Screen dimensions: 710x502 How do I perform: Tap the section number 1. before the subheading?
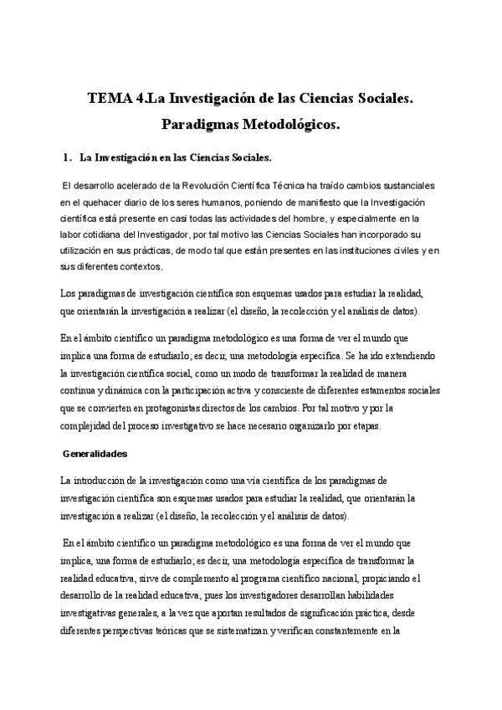(69, 157)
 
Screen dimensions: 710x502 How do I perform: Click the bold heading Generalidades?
(96, 454)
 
